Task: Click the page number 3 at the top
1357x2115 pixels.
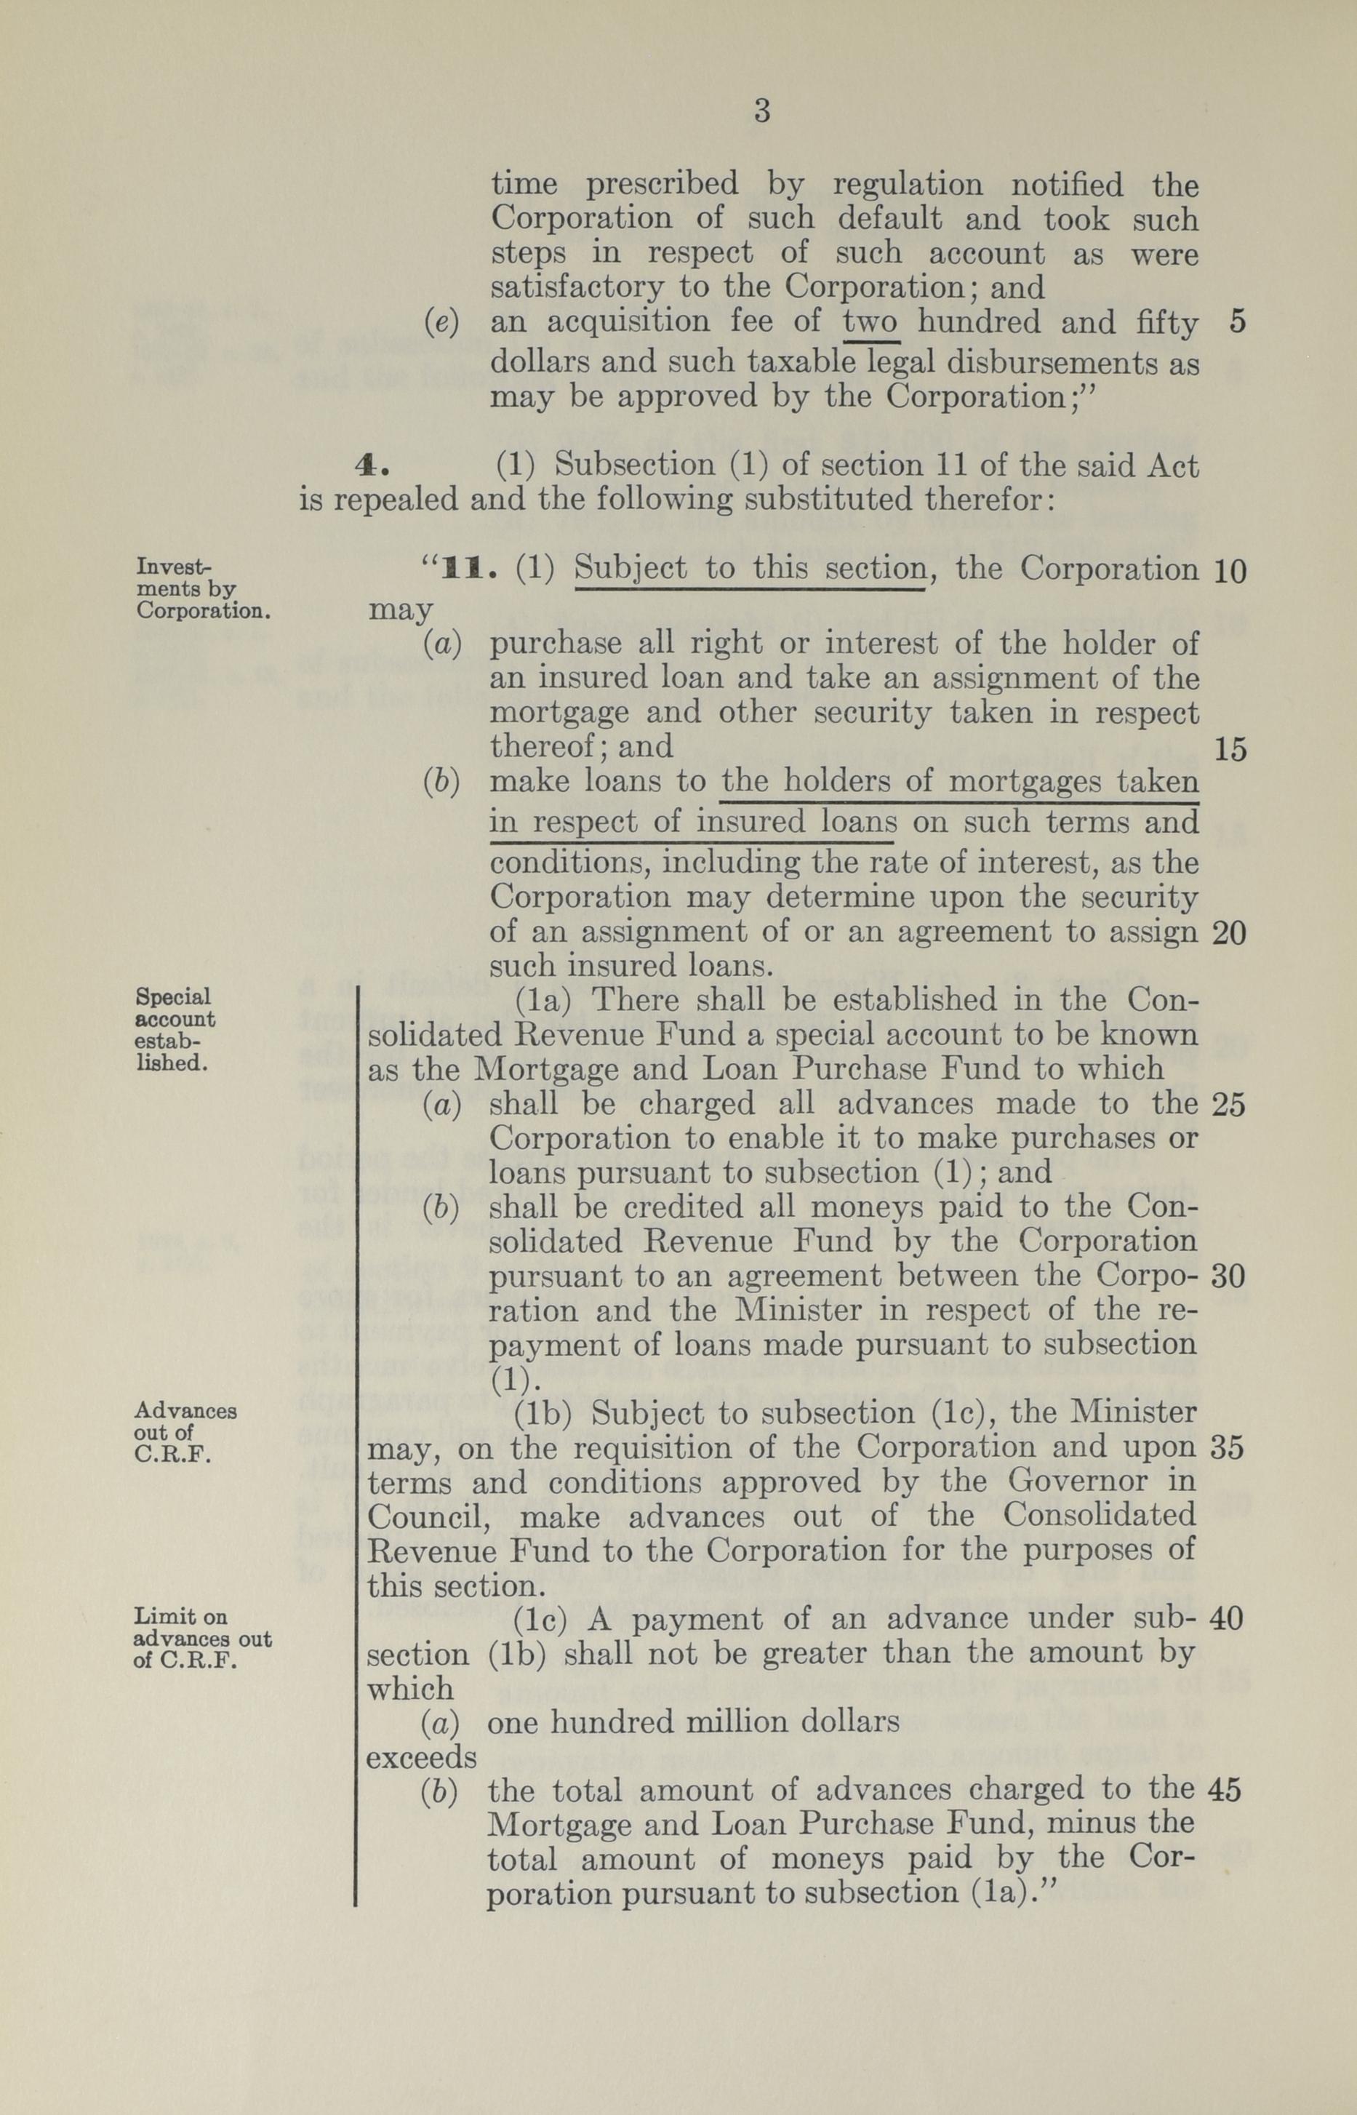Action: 762,112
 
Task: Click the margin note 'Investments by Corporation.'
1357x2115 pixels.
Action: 201,587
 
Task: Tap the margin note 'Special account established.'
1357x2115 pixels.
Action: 175,1028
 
